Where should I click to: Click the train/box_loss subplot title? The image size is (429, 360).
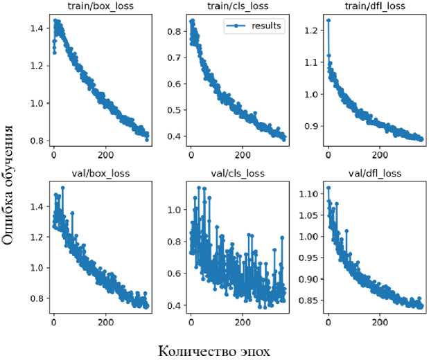pyautogui.click(x=100, y=7)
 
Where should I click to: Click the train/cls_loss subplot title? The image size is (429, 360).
pyautogui.click(x=238, y=7)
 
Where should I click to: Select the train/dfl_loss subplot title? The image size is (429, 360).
pyautogui.click(x=375, y=7)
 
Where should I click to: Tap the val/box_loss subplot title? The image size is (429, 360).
pyautogui.click(x=100, y=172)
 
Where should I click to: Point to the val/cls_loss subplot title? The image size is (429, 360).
pyautogui.click(x=238, y=172)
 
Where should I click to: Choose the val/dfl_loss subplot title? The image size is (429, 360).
pyautogui.click(x=375, y=172)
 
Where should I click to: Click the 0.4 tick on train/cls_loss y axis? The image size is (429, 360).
pyautogui.click(x=174, y=136)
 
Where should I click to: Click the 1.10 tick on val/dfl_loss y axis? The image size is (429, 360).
pyautogui.click(x=308, y=194)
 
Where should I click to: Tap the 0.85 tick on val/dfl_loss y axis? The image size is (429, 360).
pyautogui.click(x=308, y=300)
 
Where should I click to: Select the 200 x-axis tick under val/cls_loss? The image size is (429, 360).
pyautogui.click(x=243, y=322)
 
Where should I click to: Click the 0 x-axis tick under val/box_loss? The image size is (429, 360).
pyautogui.click(x=54, y=322)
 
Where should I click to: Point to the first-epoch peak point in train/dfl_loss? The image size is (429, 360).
pyautogui.click(x=328, y=20)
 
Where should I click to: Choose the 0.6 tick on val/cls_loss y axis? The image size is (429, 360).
pyautogui.click(x=174, y=273)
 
